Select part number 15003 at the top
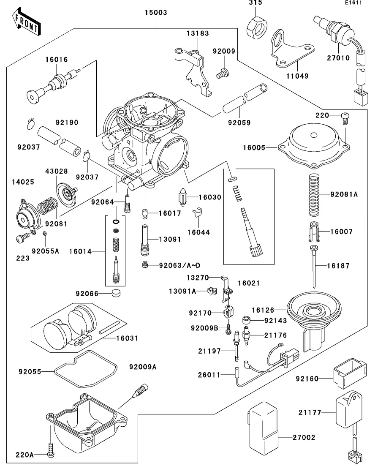click(156, 12)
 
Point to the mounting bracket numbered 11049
click(291, 50)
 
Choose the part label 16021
click(249, 283)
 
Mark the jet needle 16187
click(314, 266)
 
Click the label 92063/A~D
click(179, 265)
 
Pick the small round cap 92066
click(116, 293)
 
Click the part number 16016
click(57, 60)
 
